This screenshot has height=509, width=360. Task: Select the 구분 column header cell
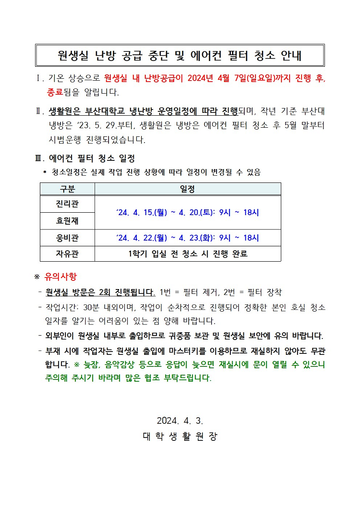pyautogui.click(x=67, y=189)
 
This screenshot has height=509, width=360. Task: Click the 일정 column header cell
pyautogui.click(x=187, y=189)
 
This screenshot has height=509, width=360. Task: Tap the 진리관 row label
pyautogui.click(x=67, y=204)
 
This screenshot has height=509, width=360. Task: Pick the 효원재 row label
pyautogui.click(x=67, y=221)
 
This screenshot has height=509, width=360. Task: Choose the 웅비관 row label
pyautogui.click(x=67, y=238)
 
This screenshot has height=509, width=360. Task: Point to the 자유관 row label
pyautogui.click(x=67, y=254)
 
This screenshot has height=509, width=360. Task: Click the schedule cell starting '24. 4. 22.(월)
pyautogui.click(x=187, y=238)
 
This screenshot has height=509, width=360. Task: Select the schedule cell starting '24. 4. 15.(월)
pyautogui.click(x=187, y=212)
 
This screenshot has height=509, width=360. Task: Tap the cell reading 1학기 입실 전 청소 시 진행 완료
pyautogui.click(x=187, y=254)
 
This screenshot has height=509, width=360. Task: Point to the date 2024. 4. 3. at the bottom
pyautogui.click(x=180, y=421)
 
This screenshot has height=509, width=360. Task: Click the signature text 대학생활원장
pyautogui.click(x=180, y=436)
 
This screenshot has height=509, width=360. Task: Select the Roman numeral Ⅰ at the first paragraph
pyautogui.click(x=40, y=78)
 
